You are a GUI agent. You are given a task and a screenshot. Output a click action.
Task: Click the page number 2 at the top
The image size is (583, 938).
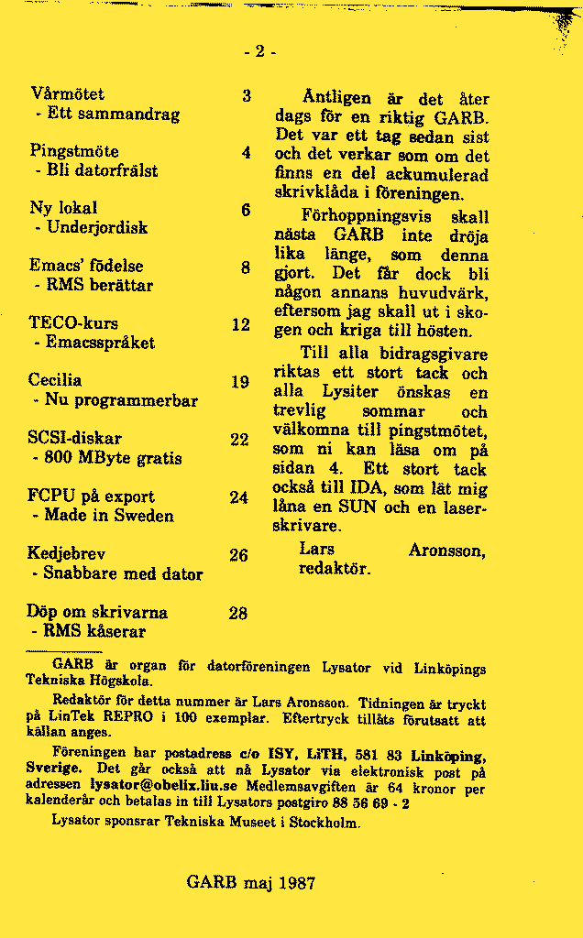[x=259, y=51]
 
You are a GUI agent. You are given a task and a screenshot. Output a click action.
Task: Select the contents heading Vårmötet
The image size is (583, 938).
[x=67, y=94]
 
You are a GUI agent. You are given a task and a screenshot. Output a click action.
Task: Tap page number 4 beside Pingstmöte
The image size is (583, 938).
[x=246, y=152]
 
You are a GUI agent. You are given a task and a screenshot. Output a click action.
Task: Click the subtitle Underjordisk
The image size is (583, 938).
[x=97, y=227]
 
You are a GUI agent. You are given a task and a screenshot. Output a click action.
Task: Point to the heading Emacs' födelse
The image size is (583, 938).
[x=86, y=266]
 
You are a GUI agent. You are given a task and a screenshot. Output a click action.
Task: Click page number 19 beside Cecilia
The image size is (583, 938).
[x=240, y=381]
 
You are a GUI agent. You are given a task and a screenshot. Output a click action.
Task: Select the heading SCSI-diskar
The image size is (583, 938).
[x=75, y=439]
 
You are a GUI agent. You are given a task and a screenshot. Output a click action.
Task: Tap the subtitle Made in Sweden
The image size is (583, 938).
[x=108, y=516]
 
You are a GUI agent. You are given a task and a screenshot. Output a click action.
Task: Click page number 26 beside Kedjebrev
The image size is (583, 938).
[x=238, y=555]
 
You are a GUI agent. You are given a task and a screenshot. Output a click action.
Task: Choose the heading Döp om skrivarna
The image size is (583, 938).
[x=97, y=612]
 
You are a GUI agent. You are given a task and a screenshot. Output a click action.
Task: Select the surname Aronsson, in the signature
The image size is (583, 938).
[x=446, y=551]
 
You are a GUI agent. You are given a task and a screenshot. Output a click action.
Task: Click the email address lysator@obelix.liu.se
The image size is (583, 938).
[x=162, y=785]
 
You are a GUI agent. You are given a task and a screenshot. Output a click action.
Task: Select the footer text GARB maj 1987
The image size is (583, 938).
[x=250, y=883]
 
